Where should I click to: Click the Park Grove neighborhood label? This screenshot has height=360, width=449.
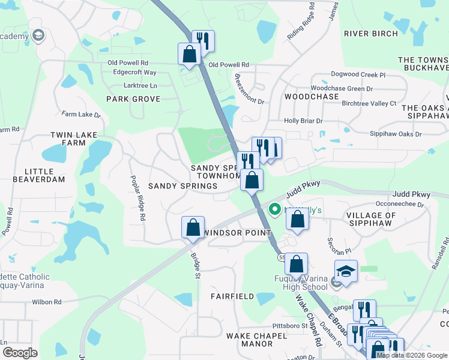[x=133, y=99]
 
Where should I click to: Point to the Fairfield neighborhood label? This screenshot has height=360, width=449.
[x=232, y=296]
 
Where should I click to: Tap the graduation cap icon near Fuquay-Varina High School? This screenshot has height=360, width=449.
[x=346, y=271]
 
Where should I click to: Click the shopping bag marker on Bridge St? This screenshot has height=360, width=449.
[x=193, y=228]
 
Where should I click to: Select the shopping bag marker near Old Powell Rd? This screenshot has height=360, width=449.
[x=190, y=53]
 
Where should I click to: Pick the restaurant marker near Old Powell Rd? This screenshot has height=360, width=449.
[x=203, y=41]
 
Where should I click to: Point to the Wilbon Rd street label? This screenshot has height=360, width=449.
[x=49, y=302]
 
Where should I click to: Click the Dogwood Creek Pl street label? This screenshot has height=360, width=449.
[x=358, y=75]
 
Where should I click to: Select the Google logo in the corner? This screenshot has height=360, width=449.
[x=20, y=353]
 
